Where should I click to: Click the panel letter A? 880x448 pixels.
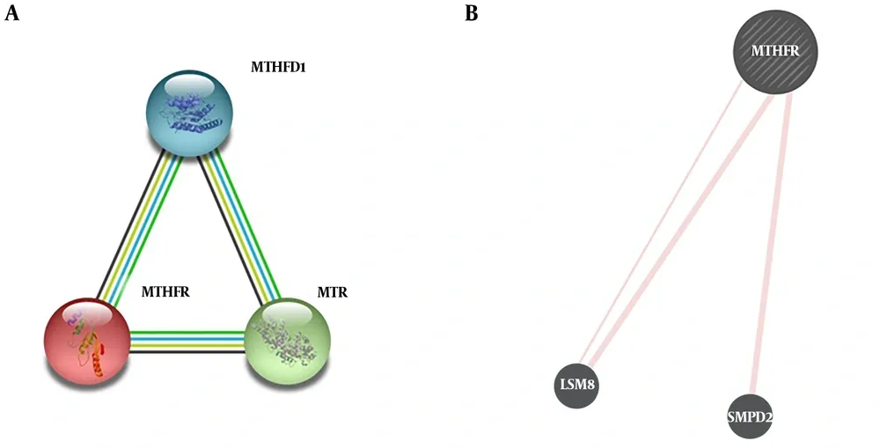pyautogui.click(x=11, y=13)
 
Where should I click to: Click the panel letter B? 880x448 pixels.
pyautogui.click(x=472, y=13)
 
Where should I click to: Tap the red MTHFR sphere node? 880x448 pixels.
pyautogui.click(x=87, y=341)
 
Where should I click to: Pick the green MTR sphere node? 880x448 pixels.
pyautogui.click(x=288, y=341)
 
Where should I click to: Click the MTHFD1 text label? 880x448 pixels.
pyautogui.click(x=278, y=68)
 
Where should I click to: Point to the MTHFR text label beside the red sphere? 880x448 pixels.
pyautogui.click(x=165, y=292)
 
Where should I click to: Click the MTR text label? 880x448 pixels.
pyautogui.click(x=333, y=292)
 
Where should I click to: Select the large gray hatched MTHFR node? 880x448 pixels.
pyautogui.click(x=775, y=52)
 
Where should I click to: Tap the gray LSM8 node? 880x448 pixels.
pyautogui.click(x=577, y=386)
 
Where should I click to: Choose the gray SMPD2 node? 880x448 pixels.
pyautogui.click(x=751, y=416)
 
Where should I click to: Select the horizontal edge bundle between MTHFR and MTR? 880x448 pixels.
pyautogui.click(x=187, y=342)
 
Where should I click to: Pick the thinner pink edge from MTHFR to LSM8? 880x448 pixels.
pyautogui.click(x=662, y=223)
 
